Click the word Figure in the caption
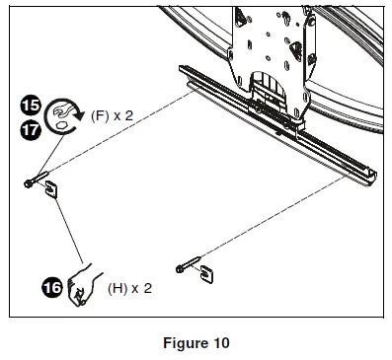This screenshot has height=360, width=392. pyautogui.click(x=177, y=343)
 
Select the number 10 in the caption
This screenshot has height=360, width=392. pyautogui.click(x=219, y=343)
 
